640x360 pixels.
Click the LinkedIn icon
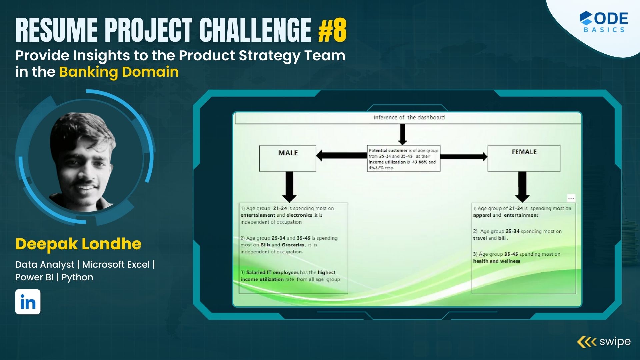28,302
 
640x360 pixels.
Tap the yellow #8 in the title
332,30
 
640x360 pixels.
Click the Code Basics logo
604,22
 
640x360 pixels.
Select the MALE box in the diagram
288,159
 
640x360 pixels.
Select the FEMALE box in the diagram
524,158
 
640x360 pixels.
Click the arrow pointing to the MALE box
341,155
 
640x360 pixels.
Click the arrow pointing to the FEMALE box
464,156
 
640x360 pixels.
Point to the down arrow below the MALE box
289,187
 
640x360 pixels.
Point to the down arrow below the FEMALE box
522,187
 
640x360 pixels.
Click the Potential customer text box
404,159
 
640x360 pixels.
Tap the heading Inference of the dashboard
409,117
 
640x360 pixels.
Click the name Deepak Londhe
78,244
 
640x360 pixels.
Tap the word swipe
615,342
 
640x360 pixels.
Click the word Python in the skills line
77,277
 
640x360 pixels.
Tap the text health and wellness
496,261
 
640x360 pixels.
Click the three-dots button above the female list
571,198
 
